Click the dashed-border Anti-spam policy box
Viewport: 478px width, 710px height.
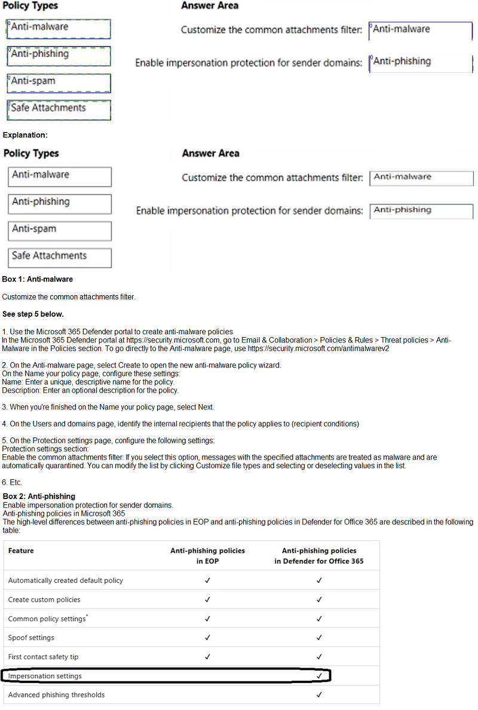(59, 82)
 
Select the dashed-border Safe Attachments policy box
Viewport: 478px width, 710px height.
(59, 110)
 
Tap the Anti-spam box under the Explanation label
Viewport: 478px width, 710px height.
(60, 231)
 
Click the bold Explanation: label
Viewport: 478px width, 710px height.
(25, 135)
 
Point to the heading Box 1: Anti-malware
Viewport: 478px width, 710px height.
(38, 279)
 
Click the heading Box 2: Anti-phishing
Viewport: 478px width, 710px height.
(39, 496)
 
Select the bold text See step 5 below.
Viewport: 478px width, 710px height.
(33, 314)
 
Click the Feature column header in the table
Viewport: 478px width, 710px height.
(21, 550)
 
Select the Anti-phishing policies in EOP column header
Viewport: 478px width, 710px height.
(207, 556)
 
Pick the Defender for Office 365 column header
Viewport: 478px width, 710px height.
(319, 556)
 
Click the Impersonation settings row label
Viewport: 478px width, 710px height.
(45, 676)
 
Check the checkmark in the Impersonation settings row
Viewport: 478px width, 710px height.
(319, 676)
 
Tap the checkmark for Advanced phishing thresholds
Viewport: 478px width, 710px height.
(319, 695)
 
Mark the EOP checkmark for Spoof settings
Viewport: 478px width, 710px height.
(207, 638)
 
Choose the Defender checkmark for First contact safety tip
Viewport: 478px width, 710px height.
(319, 657)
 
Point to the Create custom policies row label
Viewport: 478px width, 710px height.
(44, 599)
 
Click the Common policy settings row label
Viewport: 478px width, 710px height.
(47, 619)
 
